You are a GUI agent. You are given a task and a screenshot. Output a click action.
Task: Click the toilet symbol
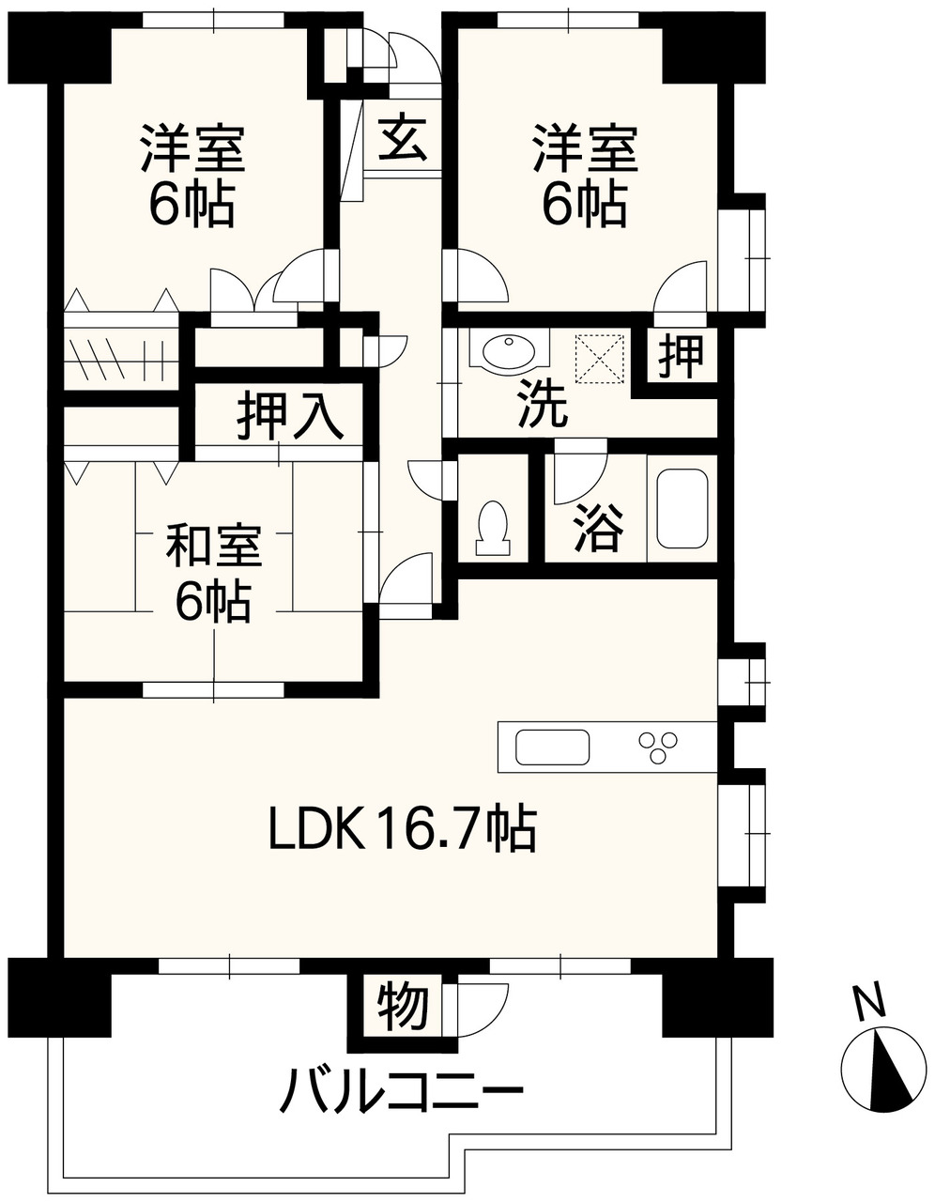tap(492, 528)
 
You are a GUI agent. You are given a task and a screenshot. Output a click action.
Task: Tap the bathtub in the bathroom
tap(682, 508)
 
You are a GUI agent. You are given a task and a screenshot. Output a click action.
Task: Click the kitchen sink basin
tap(552, 747)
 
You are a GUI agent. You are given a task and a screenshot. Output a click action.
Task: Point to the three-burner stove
tap(658, 747)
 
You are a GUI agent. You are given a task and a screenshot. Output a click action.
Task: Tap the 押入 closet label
tap(290, 415)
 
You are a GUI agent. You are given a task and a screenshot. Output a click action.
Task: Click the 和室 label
tap(213, 546)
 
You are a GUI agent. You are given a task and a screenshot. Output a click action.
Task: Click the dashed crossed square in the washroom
tap(600, 358)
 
